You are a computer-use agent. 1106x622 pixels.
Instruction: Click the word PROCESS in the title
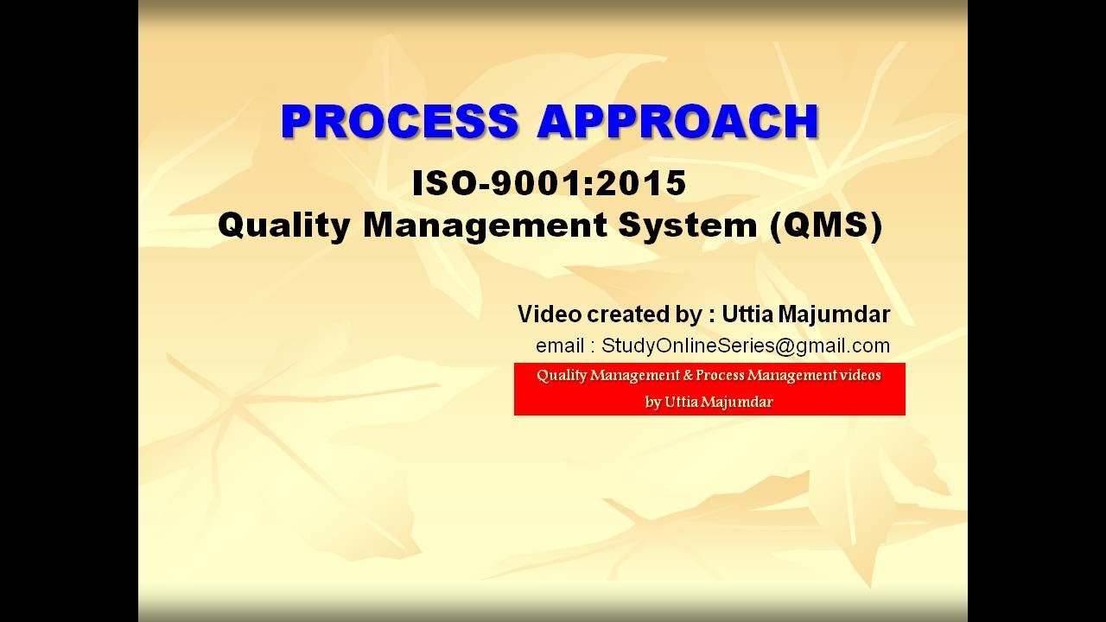pos(400,122)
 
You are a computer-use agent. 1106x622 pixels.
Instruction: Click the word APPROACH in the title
pos(677,122)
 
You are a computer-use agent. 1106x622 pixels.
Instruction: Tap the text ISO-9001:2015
pos(550,183)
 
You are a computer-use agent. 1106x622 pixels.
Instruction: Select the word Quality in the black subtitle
pos(283,225)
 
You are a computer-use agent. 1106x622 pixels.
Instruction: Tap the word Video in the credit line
pos(550,314)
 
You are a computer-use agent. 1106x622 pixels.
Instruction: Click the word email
pos(559,346)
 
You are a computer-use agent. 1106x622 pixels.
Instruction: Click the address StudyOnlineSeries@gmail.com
pos(746,346)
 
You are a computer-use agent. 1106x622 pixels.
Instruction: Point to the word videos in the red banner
pos(861,376)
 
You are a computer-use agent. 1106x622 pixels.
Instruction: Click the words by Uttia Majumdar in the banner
pos(709,403)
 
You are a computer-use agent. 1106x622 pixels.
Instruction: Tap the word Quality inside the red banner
pos(562,376)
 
